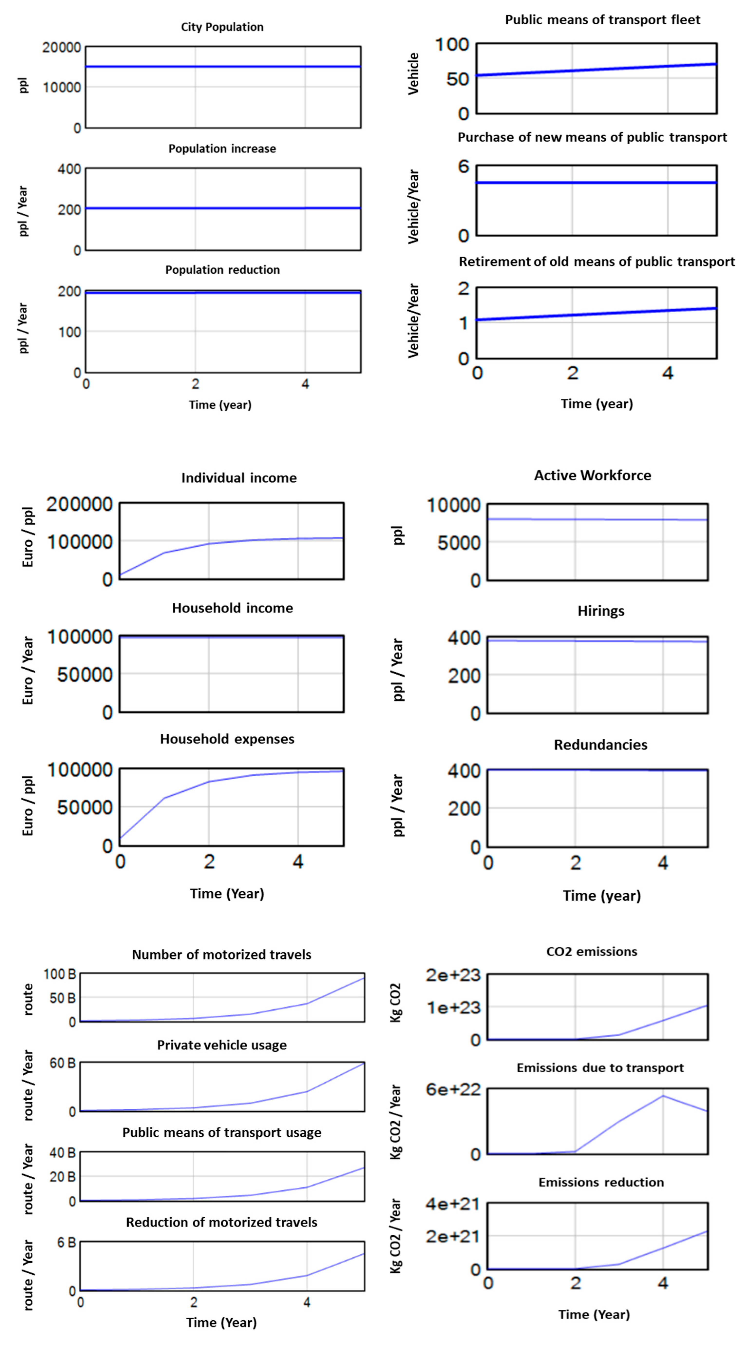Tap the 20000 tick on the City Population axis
[x=62, y=48]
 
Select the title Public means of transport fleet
[x=602, y=20]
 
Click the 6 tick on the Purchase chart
[x=463, y=167]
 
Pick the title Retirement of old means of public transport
[x=596, y=262]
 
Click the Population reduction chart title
[x=222, y=270]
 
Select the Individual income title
[x=239, y=478]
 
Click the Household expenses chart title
[x=227, y=739]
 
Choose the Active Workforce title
[x=592, y=475]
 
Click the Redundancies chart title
[x=600, y=744]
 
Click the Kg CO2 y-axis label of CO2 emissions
[x=395, y=1002]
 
